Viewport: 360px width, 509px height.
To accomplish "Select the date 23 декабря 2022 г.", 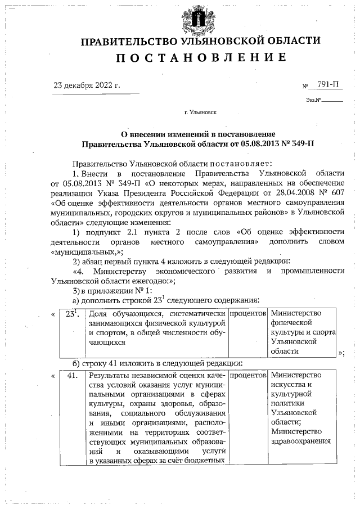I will click(87, 85).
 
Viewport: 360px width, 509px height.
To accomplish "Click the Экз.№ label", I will click(313, 100).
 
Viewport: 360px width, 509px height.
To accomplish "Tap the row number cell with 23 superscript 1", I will click(71, 313).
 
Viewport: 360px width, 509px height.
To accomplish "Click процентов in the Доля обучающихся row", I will click(247, 313).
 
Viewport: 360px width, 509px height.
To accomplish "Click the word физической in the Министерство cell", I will click(291, 323).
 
